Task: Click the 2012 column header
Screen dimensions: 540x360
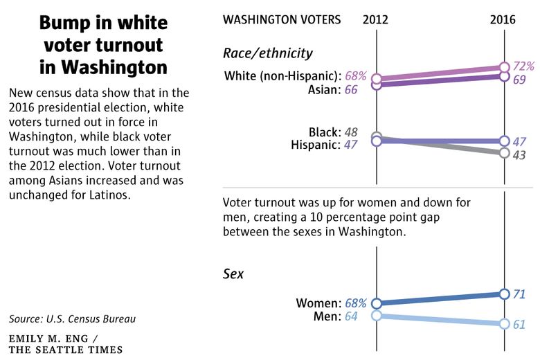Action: click(x=375, y=19)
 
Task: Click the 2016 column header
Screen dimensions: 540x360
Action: click(x=503, y=19)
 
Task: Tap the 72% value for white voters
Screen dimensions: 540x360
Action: click(x=523, y=66)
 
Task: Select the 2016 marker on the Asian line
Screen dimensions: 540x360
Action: click(x=504, y=76)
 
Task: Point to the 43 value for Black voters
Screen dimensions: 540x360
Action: click(x=519, y=155)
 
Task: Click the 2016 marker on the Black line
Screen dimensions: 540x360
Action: click(x=504, y=152)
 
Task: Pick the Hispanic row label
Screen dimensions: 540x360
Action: click(x=316, y=145)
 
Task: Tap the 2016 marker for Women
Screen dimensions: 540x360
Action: click(x=504, y=294)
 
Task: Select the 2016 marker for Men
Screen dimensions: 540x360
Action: click(x=504, y=324)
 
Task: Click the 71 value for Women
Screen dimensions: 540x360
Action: click(x=519, y=294)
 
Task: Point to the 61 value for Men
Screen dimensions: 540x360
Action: click(x=519, y=325)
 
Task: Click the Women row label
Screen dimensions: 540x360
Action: click(x=318, y=303)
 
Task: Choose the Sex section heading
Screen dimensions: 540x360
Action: click(x=233, y=274)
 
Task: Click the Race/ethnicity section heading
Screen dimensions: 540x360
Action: click(x=268, y=53)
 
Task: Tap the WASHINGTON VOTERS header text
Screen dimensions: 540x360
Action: click(x=282, y=19)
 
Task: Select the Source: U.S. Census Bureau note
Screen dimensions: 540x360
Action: click(x=72, y=319)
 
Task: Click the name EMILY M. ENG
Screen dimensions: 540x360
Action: click(x=48, y=339)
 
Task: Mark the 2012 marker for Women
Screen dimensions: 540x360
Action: click(x=377, y=303)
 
